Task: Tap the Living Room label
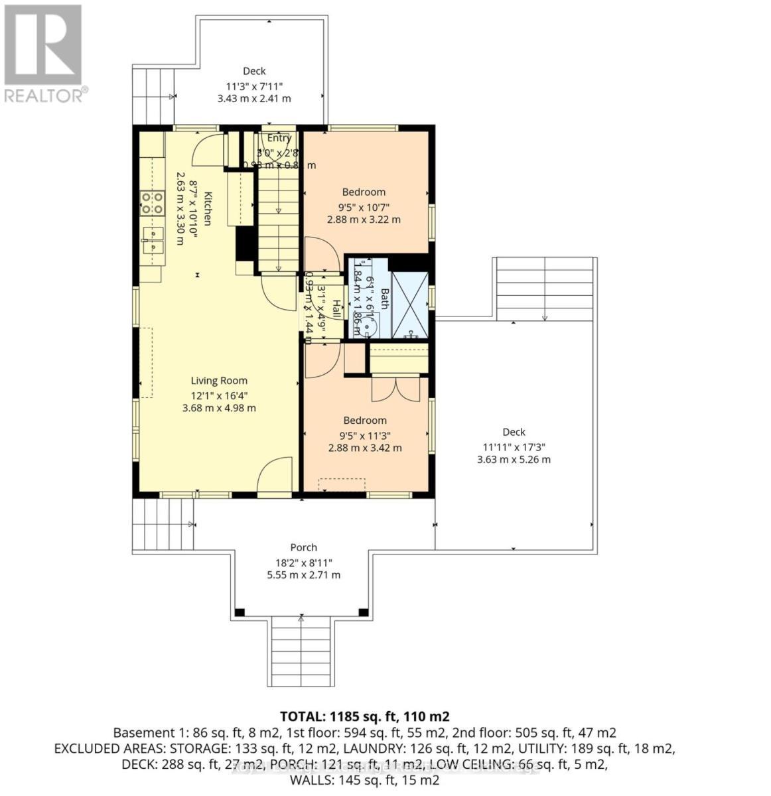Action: click(x=219, y=381)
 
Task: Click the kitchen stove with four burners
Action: click(x=152, y=203)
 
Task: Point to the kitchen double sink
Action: click(x=152, y=240)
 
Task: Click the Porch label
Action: click(x=303, y=547)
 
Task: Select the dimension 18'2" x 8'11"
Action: click(x=303, y=562)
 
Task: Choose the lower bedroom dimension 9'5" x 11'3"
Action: click(x=364, y=435)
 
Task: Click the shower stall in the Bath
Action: click(x=409, y=304)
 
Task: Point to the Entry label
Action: click(x=279, y=138)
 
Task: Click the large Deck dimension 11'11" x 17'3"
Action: click(x=514, y=446)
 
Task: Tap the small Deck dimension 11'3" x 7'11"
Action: click(x=254, y=86)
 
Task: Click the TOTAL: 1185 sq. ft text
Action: click(x=364, y=716)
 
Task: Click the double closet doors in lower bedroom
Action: click(x=395, y=389)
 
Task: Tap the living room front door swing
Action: click(x=275, y=476)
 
